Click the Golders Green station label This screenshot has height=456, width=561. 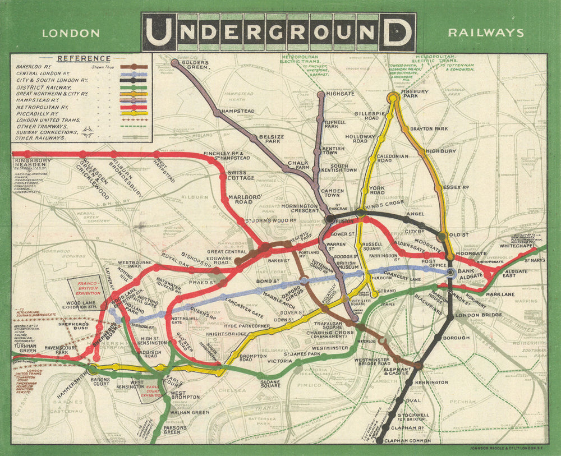click(195, 64)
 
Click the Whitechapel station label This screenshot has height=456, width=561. click(523, 246)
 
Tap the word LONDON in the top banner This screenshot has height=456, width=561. click(71, 33)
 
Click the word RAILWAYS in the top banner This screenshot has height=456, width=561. click(486, 33)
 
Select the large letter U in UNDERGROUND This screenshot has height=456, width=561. click(157, 32)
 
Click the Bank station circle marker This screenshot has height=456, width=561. click(450, 273)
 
